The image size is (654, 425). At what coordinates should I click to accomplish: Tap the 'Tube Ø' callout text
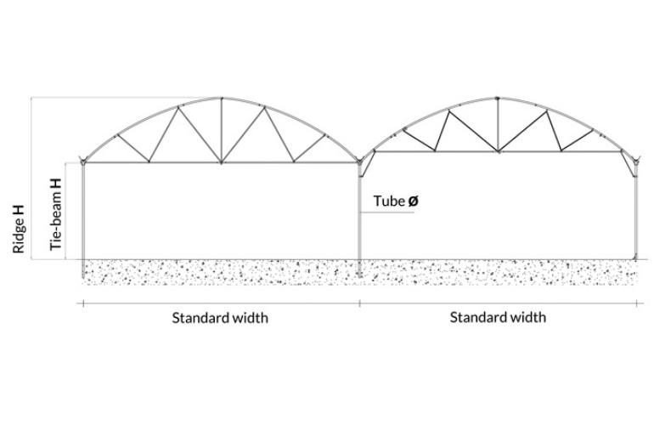point(396,201)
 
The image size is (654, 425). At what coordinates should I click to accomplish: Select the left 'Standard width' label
point(220,318)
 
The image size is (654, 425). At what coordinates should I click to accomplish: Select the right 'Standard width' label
point(498,318)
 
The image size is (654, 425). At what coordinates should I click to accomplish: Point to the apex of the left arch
point(222,98)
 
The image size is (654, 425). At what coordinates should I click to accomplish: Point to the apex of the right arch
point(498,99)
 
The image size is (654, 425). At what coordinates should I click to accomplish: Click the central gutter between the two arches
point(360,158)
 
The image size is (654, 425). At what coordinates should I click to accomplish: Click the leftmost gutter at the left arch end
point(83,159)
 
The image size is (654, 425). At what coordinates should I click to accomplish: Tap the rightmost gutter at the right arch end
point(635,159)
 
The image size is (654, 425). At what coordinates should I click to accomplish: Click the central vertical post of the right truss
point(498,125)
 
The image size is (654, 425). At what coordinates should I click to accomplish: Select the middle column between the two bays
point(360,221)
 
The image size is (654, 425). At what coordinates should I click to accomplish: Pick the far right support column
point(636,212)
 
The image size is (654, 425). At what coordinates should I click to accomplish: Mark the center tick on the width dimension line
point(360,303)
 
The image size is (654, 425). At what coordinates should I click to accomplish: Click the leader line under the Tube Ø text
point(391,212)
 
